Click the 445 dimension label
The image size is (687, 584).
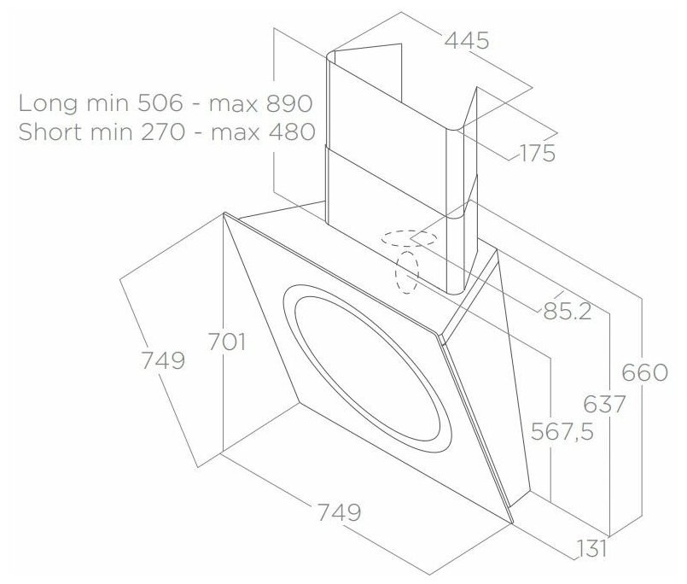[467, 40]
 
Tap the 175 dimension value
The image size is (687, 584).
[537, 153]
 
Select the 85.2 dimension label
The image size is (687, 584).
[568, 311]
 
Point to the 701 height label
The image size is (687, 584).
[226, 342]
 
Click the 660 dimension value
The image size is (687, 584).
[644, 372]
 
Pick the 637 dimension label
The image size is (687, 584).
[604, 404]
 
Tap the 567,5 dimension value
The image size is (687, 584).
[562, 431]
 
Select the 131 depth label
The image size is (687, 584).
[591, 548]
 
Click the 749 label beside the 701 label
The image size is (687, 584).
[163, 360]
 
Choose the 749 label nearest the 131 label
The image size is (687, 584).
[339, 511]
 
